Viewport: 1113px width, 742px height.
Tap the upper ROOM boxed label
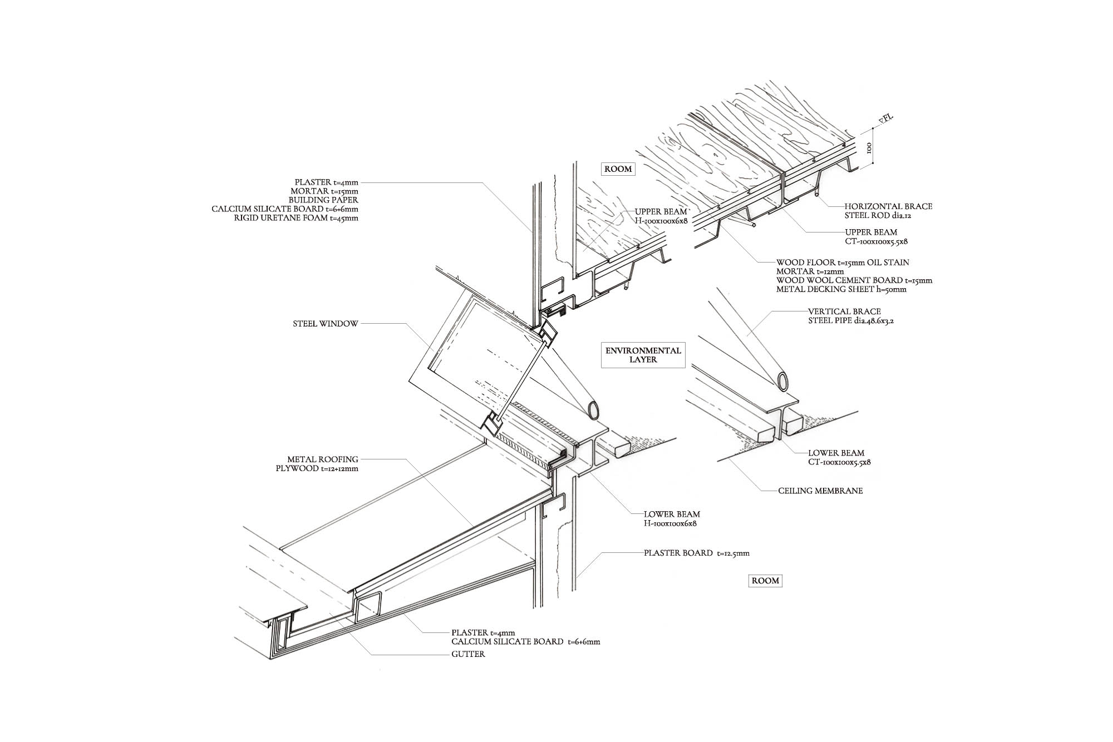[618, 169]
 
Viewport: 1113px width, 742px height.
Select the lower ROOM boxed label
[765, 581]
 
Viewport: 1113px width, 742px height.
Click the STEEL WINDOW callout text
[325, 323]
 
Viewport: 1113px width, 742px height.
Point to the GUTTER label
[468, 654]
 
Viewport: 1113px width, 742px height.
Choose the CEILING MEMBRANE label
[820, 491]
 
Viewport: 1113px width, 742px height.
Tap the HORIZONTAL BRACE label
[888, 206]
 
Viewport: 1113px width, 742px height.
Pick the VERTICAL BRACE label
[844, 311]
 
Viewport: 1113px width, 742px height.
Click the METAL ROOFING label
[323, 459]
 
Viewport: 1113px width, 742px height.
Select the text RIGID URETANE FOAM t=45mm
[296, 218]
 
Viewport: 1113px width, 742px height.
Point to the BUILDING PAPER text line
[323, 200]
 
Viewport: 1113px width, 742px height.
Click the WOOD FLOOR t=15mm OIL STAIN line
[843, 263]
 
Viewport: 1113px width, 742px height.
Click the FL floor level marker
[884, 120]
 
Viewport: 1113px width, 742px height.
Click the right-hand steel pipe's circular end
[783, 382]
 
